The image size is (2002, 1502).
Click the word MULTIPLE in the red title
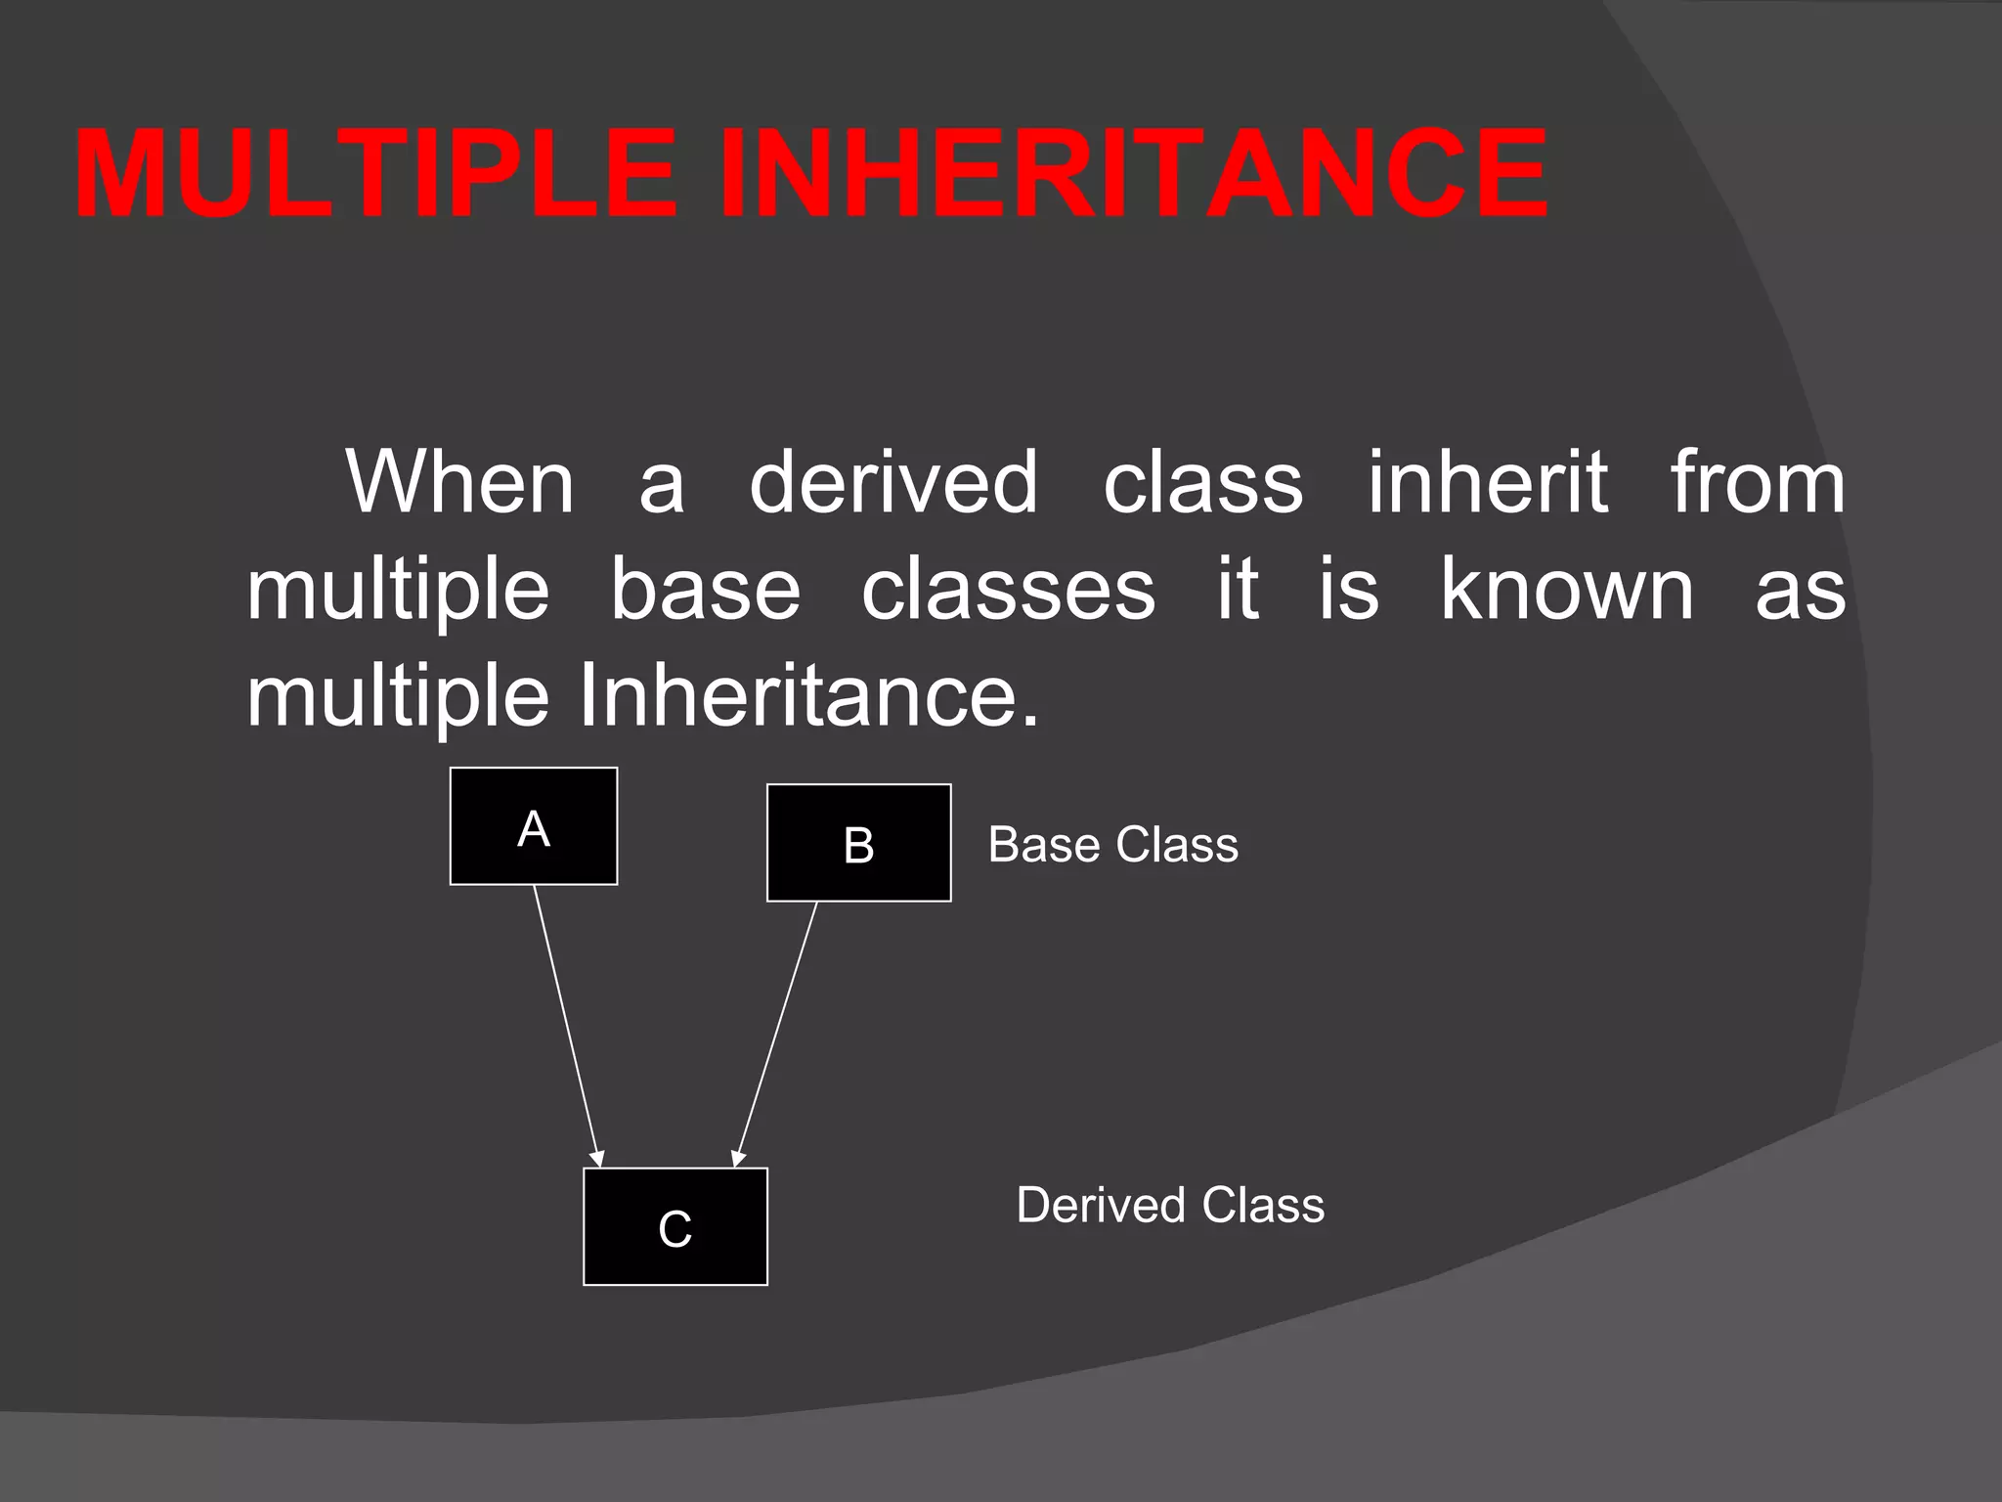(x=375, y=174)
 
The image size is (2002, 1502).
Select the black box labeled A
(x=534, y=826)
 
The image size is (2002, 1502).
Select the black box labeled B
(x=858, y=842)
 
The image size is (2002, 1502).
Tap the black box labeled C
(x=675, y=1226)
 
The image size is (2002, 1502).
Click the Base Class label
(x=1112, y=844)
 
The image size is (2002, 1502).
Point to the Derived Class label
(x=1170, y=1204)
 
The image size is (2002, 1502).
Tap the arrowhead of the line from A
(x=597, y=1158)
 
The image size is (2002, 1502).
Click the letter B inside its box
(x=858, y=846)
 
